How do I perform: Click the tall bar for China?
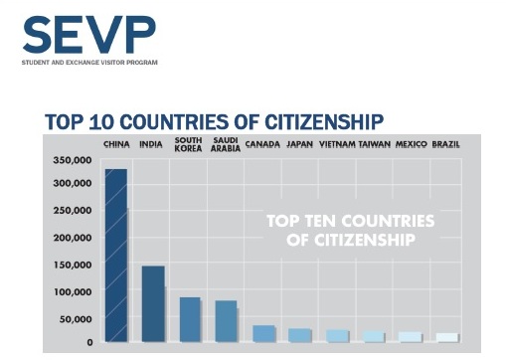pos(115,256)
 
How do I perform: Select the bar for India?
pos(152,303)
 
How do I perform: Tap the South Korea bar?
pos(189,319)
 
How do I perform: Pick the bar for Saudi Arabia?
pos(226,320)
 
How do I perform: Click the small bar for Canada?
pos(263,333)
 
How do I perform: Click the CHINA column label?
pos(116,145)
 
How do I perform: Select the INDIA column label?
pos(152,145)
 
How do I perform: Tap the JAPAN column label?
pos(299,145)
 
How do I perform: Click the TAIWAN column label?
pos(374,145)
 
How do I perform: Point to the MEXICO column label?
pos(411,145)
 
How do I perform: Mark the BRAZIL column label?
pos(446,145)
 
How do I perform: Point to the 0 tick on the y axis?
pos(89,342)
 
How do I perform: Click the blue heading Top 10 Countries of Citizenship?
pos(214,121)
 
